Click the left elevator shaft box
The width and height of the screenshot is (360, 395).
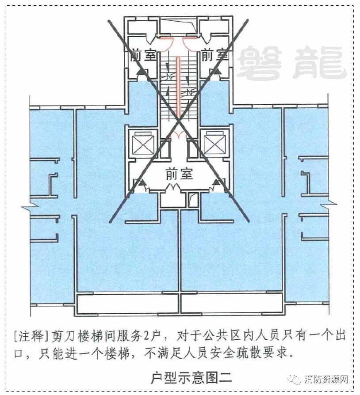(143, 143)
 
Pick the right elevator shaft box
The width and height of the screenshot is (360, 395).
(214, 143)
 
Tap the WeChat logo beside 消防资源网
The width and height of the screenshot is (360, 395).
(295, 380)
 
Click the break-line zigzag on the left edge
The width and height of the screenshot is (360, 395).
(27, 206)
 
